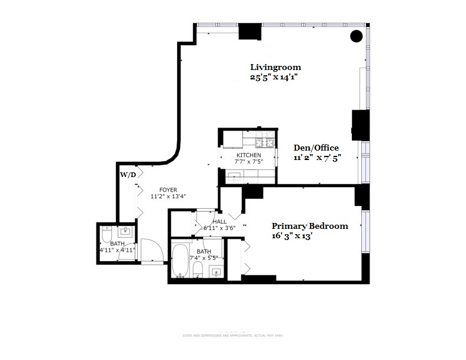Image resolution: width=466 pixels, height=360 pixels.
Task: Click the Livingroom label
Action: pos(275,67)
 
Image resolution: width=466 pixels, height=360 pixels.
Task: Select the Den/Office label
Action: pos(316,148)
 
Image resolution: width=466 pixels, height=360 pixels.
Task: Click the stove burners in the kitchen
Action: pos(263,141)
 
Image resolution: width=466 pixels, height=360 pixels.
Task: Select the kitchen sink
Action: pos(234,176)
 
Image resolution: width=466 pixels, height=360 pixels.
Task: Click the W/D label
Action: pos(128,175)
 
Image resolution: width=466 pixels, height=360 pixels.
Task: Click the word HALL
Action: pos(219,222)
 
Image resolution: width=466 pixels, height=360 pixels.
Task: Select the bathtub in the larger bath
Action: pos(180,261)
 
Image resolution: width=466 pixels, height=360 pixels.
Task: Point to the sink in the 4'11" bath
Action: pos(125,231)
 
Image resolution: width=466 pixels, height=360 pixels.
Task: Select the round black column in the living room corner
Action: pos(356,36)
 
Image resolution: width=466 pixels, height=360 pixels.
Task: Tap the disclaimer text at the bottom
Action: pos(232,335)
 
